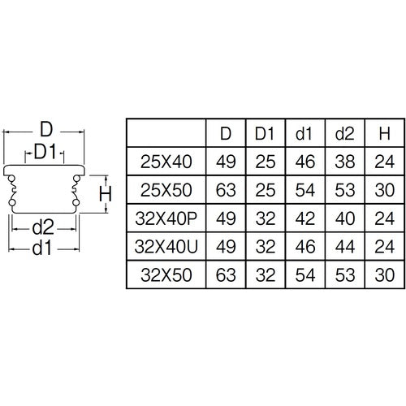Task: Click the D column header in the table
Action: [x=225, y=132]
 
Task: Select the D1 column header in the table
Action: [x=265, y=132]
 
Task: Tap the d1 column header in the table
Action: [x=304, y=132]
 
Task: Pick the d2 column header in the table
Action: [x=344, y=132]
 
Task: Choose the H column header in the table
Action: [x=382, y=132]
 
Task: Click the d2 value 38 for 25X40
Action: [x=344, y=162]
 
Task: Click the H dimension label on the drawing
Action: [x=104, y=193]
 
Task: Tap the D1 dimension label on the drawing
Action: [x=45, y=152]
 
